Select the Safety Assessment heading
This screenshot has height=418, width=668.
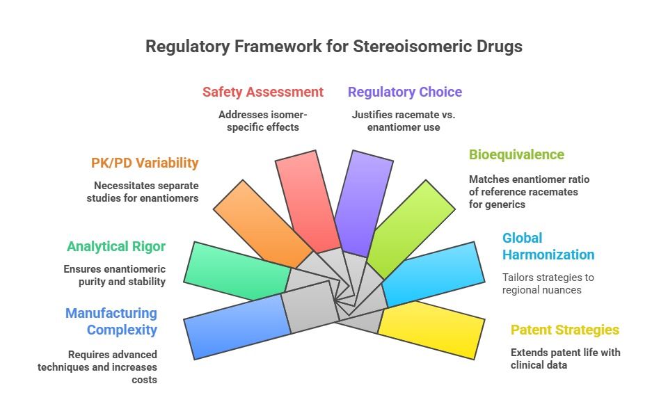coord(262,92)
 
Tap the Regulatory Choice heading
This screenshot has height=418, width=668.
coord(404,92)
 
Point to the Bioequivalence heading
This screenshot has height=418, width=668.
coord(516,154)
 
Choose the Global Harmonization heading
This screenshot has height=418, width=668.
coord(548,246)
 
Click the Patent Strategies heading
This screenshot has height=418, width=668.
coord(564,330)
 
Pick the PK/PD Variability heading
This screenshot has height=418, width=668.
coord(145,163)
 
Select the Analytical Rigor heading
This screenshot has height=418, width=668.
coord(116,246)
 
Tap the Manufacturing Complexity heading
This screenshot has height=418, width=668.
coord(111,321)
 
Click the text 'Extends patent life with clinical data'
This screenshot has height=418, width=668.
coord(565,358)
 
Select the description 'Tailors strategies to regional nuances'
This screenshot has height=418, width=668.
coord(548,283)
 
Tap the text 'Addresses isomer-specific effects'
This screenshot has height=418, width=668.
coord(262,120)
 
